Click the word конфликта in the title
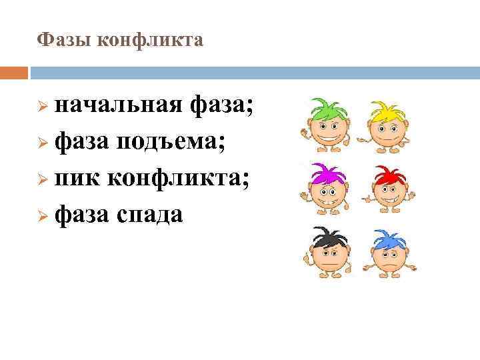(x=150, y=41)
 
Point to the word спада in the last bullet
(x=149, y=215)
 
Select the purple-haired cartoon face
(x=326, y=194)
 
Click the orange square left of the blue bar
(x=14, y=72)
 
